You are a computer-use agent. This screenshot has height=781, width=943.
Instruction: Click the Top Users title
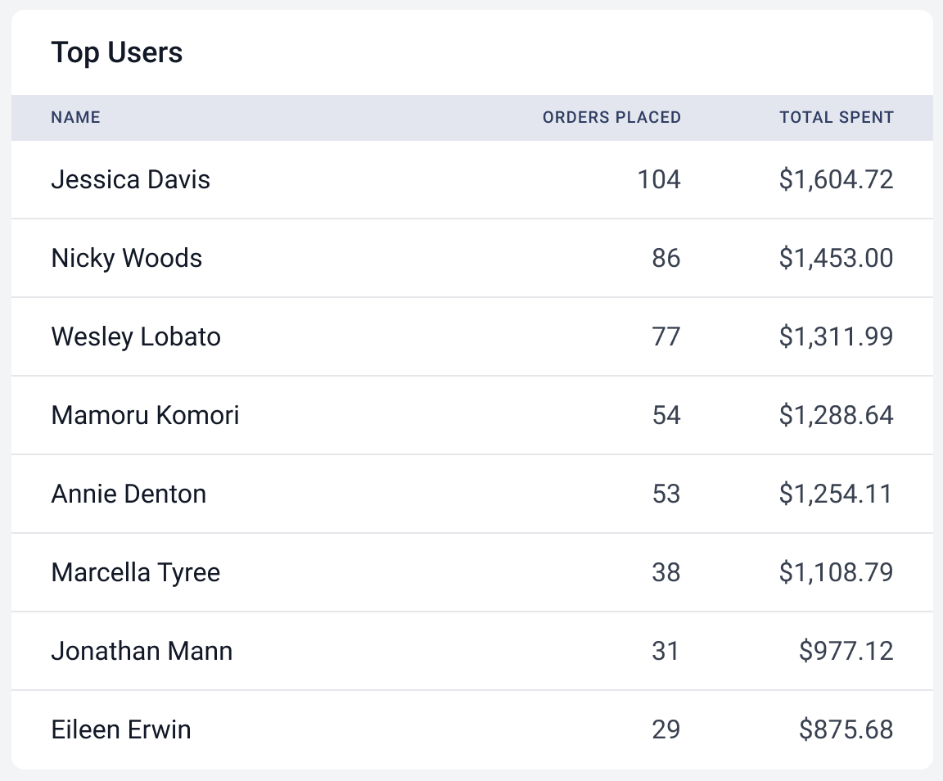(x=117, y=53)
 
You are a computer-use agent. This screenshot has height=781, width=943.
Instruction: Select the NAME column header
(x=75, y=117)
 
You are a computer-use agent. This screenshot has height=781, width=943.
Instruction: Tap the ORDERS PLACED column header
(x=611, y=117)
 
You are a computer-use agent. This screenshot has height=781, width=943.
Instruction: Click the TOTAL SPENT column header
(x=836, y=117)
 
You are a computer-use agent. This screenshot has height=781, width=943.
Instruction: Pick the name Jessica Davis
(x=131, y=179)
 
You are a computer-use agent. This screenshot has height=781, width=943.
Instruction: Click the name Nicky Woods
(x=127, y=258)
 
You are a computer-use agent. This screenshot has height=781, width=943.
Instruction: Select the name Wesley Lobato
(x=136, y=336)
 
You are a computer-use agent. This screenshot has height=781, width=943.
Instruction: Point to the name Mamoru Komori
(x=145, y=415)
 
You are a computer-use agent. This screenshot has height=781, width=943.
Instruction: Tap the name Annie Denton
(x=129, y=494)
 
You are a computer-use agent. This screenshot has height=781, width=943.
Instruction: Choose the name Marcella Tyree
(x=136, y=572)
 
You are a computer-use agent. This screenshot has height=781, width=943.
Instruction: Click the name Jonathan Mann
(x=142, y=651)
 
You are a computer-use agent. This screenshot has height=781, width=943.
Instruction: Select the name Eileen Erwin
(x=121, y=729)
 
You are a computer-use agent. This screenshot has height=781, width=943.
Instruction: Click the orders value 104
(x=659, y=179)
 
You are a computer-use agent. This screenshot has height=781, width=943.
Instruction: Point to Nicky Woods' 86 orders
(x=666, y=258)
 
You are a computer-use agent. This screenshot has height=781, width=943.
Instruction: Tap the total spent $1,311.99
(x=836, y=336)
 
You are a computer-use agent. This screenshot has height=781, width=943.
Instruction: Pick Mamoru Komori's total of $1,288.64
(x=836, y=415)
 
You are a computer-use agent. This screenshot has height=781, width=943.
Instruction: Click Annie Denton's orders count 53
(x=666, y=494)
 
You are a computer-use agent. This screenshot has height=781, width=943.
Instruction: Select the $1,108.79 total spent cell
(x=836, y=572)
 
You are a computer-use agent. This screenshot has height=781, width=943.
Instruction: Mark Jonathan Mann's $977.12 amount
(x=846, y=651)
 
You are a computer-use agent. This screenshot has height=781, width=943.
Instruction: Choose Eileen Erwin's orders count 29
(x=666, y=729)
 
